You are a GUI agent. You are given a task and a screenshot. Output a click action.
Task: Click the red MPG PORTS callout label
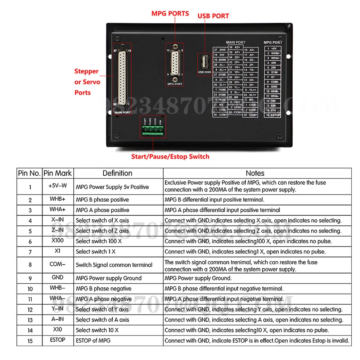(x=170, y=13)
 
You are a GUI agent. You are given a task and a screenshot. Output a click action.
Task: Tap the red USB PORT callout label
(x=213, y=16)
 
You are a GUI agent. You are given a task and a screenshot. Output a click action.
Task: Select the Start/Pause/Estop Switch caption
(x=170, y=156)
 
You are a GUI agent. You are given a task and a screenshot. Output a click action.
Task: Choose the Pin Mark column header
(x=58, y=173)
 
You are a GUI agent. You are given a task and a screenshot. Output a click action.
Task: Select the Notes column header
(x=255, y=173)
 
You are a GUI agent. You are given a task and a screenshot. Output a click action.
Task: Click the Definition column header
(x=117, y=173)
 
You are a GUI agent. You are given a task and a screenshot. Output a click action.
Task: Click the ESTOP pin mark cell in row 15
(x=58, y=340)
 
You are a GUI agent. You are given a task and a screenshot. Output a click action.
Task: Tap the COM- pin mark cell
(x=58, y=264)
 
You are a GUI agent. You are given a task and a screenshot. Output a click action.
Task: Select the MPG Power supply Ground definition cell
(x=109, y=278)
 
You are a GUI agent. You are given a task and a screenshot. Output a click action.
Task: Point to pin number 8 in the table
(x=30, y=265)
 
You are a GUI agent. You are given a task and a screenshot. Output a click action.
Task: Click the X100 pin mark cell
(x=58, y=241)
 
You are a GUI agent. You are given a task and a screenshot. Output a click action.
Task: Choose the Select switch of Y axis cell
(x=102, y=309)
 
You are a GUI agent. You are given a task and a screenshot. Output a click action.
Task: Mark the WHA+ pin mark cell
(x=58, y=210)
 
